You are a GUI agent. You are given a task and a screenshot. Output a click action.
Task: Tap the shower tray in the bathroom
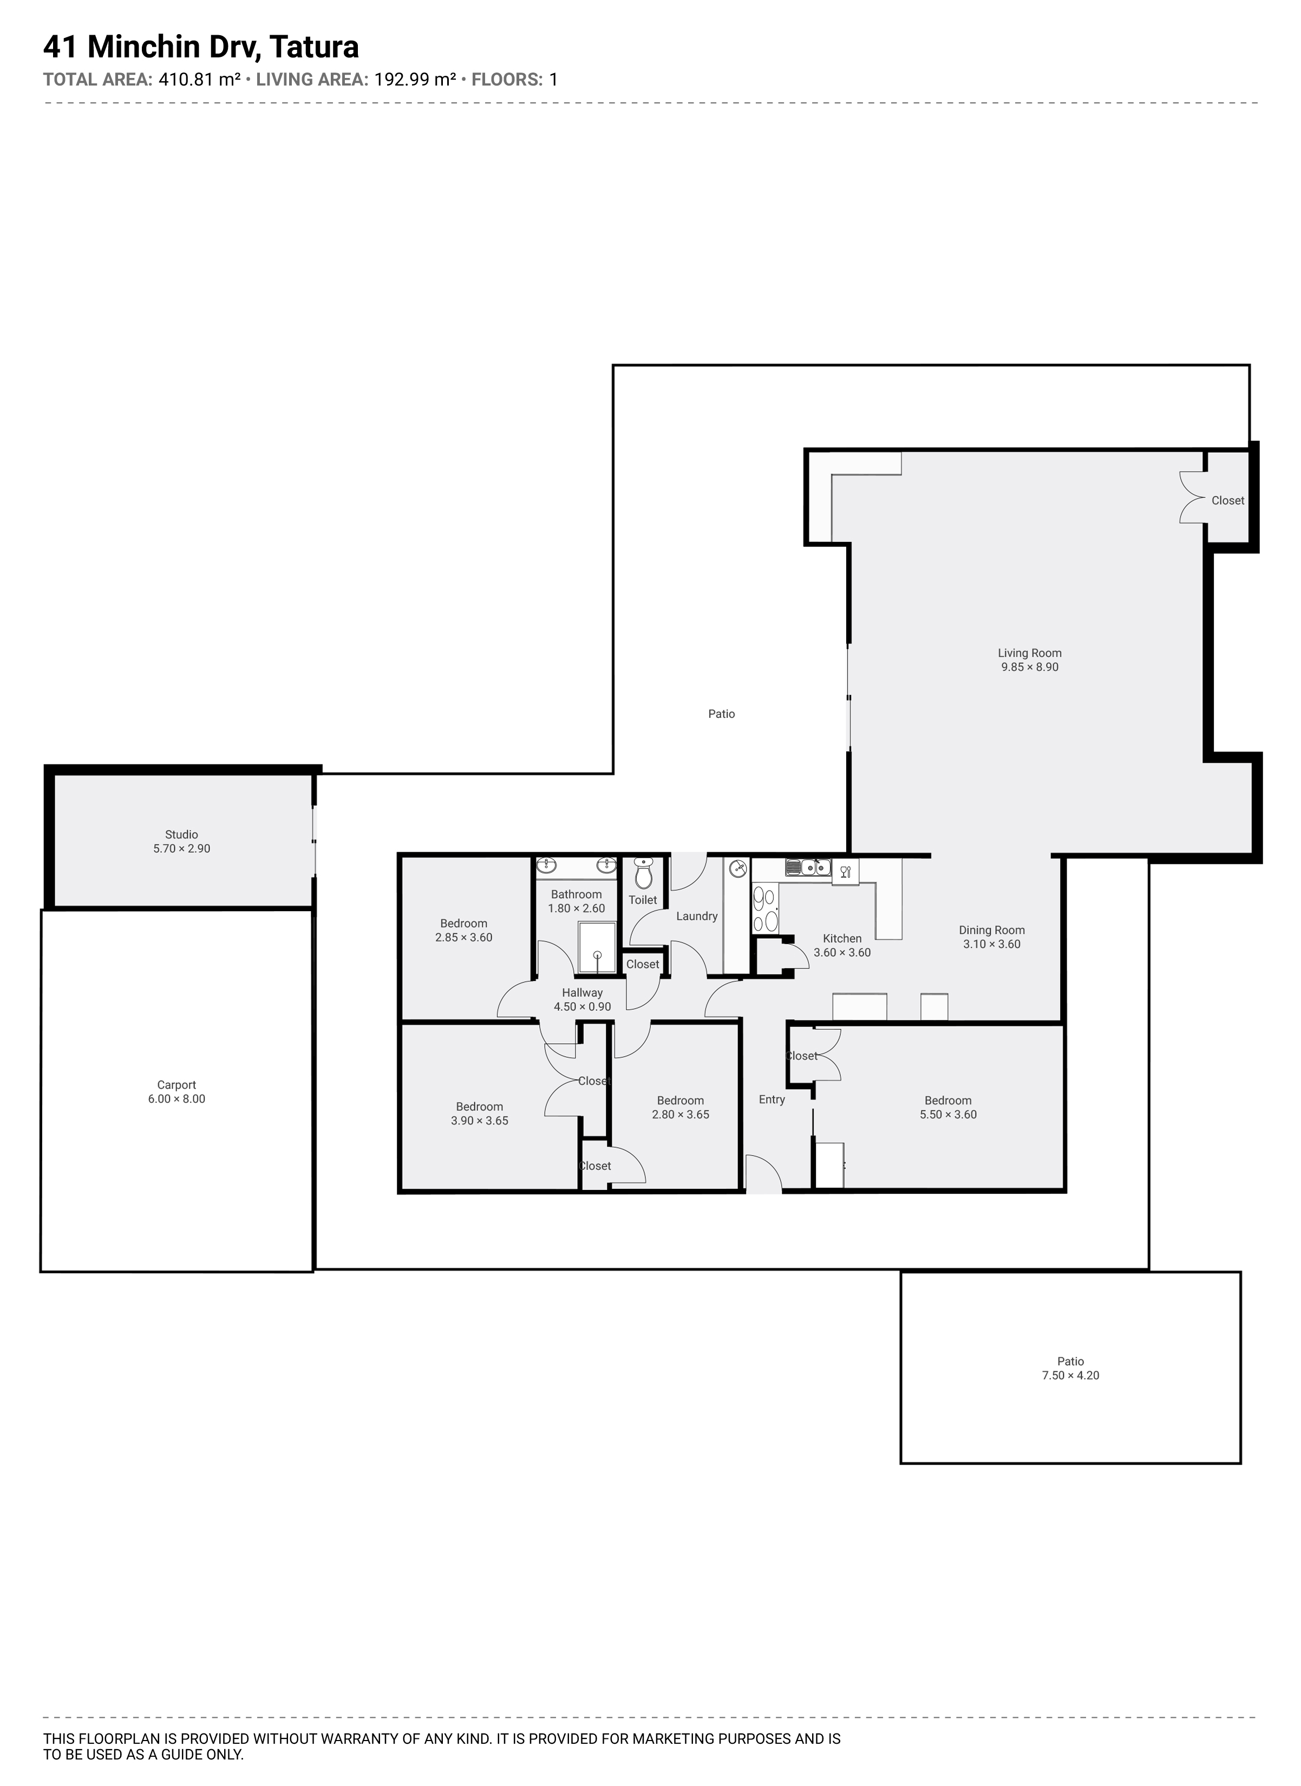(598, 947)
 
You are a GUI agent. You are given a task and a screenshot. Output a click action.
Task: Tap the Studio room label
(181, 835)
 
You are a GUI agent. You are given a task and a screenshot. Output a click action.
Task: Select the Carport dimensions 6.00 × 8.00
(176, 1100)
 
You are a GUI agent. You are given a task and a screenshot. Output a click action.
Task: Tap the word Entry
(772, 1100)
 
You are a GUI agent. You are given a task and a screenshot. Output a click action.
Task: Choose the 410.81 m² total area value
(199, 80)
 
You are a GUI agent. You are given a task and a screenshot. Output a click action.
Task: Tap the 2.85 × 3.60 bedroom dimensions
(464, 938)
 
